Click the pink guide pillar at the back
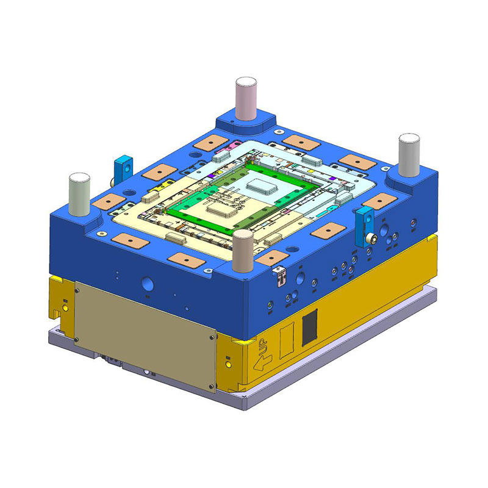(x=246, y=98)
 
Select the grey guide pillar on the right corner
(x=409, y=156)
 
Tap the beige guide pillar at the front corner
(x=243, y=251)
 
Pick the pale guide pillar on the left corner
(x=80, y=194)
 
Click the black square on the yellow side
(x=310, y=328)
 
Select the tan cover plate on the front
(x=145, y=336)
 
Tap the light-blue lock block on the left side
(x=123, y=170)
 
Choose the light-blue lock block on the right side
(x=365, y=226)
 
